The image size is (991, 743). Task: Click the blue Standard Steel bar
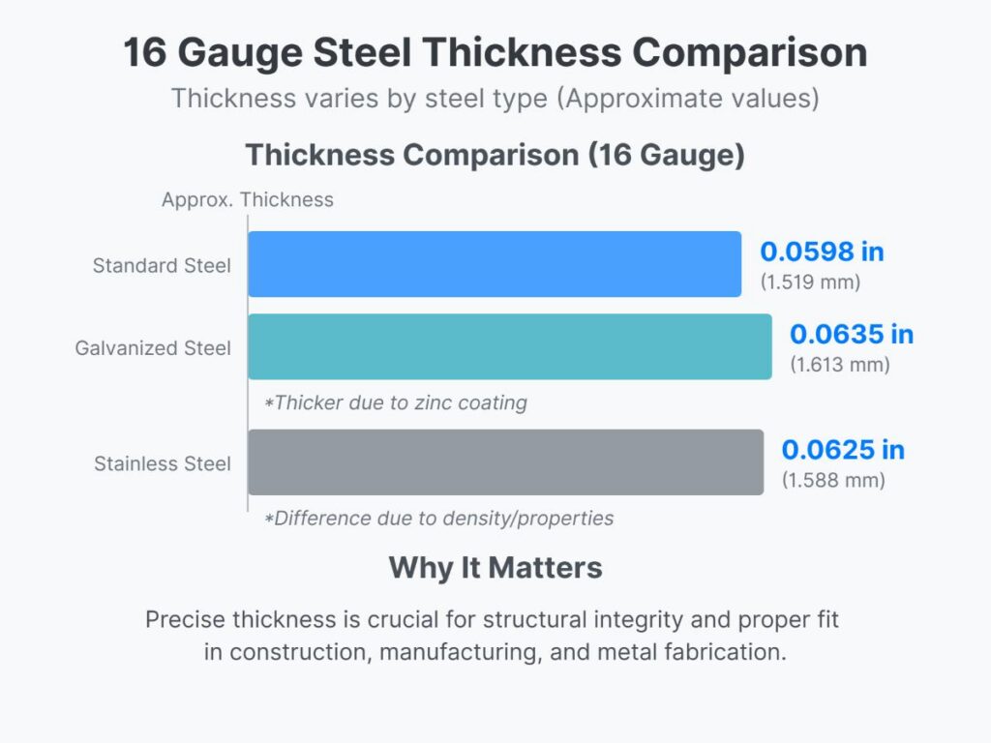coord(495,264)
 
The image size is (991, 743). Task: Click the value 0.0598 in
coord(822,253)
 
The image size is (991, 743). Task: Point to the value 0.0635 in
coord(852,335)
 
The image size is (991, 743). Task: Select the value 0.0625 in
coord(843,450)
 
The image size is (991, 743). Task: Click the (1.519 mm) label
coord(810,283)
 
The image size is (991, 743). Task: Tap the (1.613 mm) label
coord(840,366)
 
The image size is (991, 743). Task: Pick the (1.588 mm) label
coord(833,481)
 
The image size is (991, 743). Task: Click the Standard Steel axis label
coord(162,265)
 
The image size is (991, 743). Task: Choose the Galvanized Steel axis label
coord(153,347)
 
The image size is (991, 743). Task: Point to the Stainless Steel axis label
coord(163,463)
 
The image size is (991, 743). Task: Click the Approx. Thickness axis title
coord(248,200)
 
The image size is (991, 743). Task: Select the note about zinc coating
coord(396,402)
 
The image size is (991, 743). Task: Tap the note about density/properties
coord(439,519)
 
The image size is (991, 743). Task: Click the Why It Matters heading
coord(495,568)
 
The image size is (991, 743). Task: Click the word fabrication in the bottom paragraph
coord(718,652)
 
